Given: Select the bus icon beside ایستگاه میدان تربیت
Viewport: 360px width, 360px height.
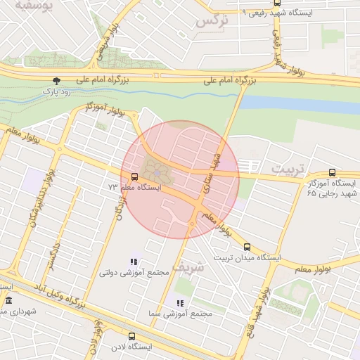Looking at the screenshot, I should click(247, 247).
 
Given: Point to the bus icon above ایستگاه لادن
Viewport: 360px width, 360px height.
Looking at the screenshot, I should click(131, 336).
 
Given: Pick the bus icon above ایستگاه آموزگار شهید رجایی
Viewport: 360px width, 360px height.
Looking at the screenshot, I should click(332, 172).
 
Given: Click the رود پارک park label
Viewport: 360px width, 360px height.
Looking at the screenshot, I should click(49, 91).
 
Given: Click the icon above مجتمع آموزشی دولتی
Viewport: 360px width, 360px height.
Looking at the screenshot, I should click(134, 262).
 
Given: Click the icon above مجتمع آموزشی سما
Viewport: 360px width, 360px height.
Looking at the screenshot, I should click(180, 303).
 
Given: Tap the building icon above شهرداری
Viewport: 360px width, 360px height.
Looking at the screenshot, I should click(8, 301).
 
